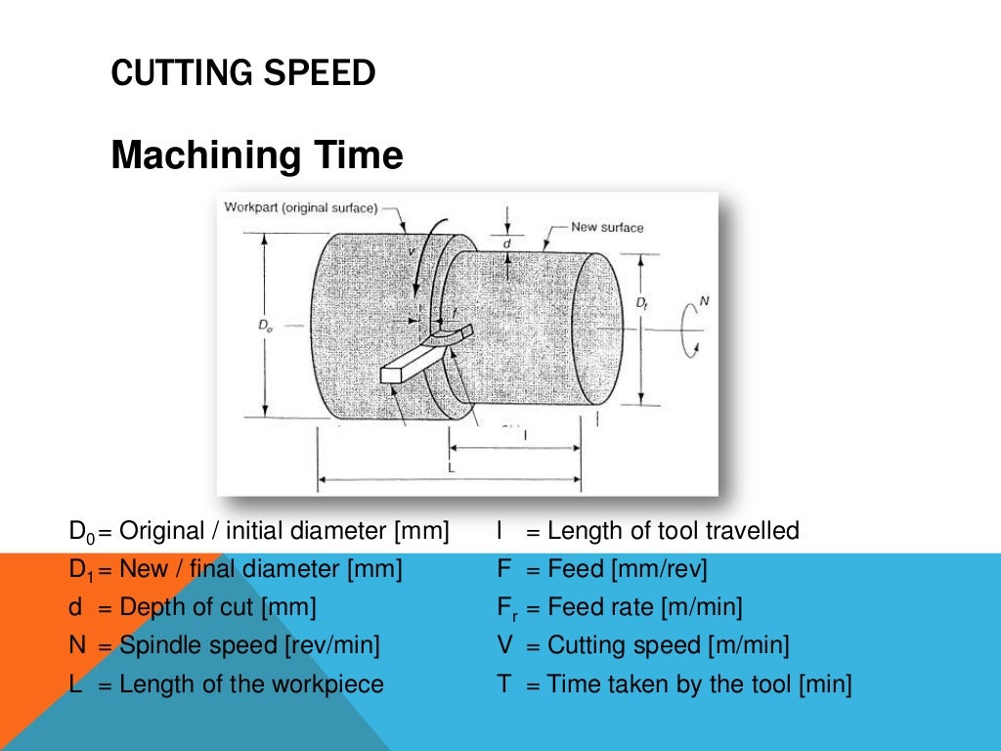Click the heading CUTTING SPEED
242,73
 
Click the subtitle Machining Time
256,155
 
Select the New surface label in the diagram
607,228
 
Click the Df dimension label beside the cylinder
641,304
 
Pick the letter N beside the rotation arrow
704,301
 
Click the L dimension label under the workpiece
452,467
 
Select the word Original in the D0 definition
160,531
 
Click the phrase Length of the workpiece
251,684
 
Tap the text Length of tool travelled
674,531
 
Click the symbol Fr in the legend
505,608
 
